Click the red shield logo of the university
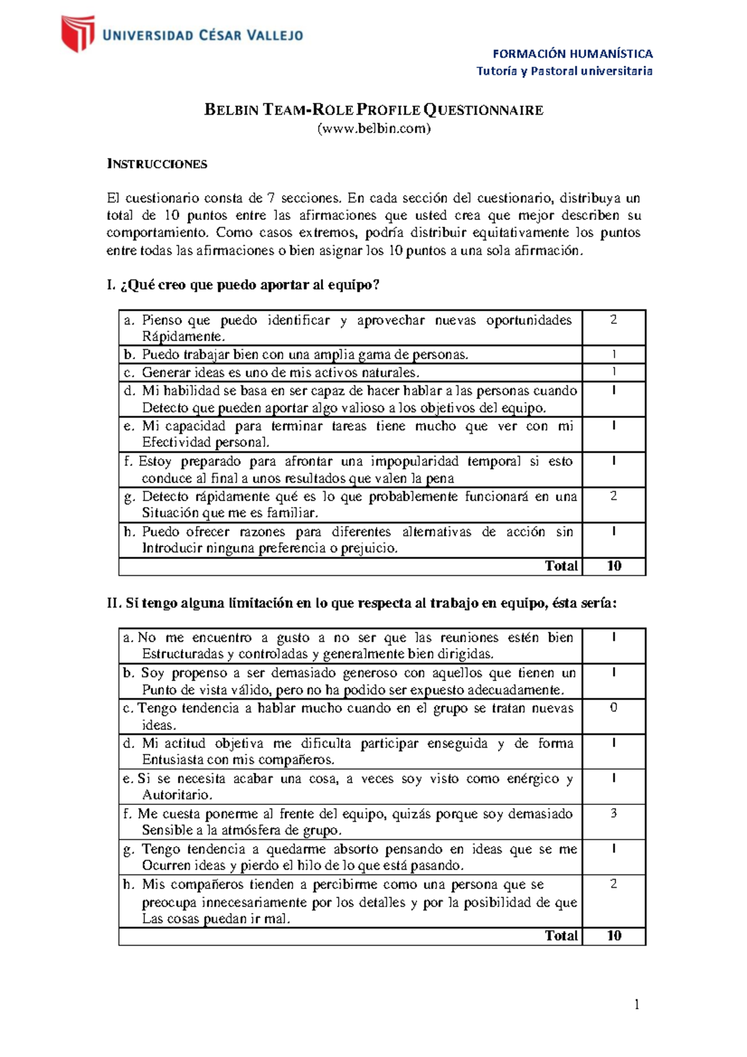point(78,34)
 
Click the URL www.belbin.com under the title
point(374,129)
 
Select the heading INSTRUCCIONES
point(157,164)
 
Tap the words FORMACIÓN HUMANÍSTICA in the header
point(572,54)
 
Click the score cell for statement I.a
point(613,320)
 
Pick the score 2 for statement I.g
point(613,496)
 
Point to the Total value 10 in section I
point(614,566)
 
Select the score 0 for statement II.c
point(613,708)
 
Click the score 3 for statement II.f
point(613,814)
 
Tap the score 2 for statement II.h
point(613,884)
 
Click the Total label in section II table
point(561,936)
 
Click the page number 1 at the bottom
point(636,1004)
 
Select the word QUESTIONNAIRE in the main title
point(484,110)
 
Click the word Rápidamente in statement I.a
point(182,337)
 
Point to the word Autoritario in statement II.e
point(176,795)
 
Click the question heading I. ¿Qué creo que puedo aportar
point(243,285)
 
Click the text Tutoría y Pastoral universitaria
point(564,71)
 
